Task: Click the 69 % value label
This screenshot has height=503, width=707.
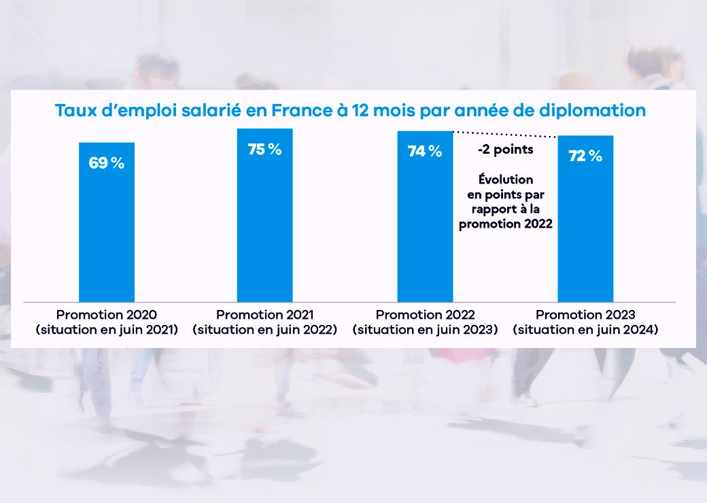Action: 107,163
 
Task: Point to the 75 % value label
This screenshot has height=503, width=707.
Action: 264,150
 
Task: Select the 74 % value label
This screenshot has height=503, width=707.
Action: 425,152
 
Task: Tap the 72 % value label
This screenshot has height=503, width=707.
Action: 585,156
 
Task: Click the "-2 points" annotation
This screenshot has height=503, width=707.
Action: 505,150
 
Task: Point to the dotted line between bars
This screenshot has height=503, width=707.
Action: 505,133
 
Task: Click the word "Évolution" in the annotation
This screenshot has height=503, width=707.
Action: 505,179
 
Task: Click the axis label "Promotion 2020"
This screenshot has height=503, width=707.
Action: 107,315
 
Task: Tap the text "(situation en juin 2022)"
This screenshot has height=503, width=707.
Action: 264,330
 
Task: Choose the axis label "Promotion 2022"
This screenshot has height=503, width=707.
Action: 425,315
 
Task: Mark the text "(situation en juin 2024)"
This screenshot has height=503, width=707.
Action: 585,330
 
